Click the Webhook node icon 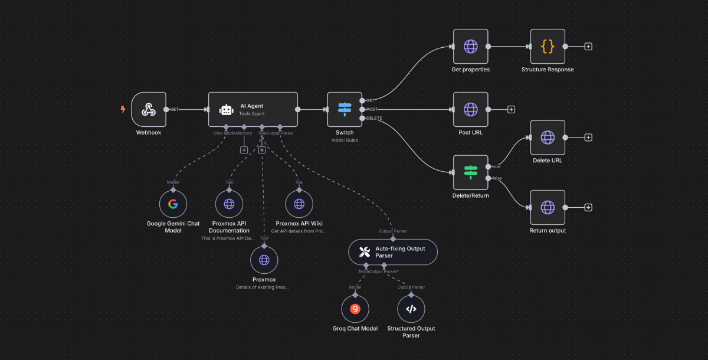tap(148, 109)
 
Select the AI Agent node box tap(253, 109)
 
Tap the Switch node tap(345, 109)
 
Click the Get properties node tap(470, 46)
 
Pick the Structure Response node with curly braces tap(548, 46)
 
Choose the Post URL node tap(470, 109)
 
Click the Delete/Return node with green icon tap(470, 172)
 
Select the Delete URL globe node tap(548, 138)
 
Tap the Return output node tap(548, 207)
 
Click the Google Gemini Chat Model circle tap(173, 204)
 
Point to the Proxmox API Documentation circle tap(229, 204)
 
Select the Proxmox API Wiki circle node tap(299, 204)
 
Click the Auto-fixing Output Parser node tap(393, 252)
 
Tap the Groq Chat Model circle tap(355, 309)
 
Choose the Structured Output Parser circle tap(411, 309)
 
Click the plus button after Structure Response tap(588, 46)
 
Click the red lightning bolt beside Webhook tap(123, 109)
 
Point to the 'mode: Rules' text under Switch tap(345, 140)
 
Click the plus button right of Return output tap(588, 207)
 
